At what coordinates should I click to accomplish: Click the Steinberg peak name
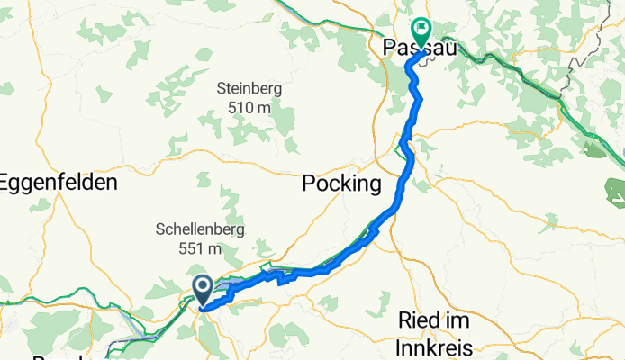pyautogui.click(x=249, y=89)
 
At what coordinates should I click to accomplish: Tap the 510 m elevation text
pyautogui.click(x=249, y=107)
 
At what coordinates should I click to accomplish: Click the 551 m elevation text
pyautogui.click(x=201, y=247)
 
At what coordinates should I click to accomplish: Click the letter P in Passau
pyautogui.click(x=388, y=50)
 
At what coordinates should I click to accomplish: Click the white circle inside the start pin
pyautogui.click(x=203, y=287)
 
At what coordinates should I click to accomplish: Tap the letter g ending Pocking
pyautogui.click(x=375, y=187)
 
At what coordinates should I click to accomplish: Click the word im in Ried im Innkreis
pyautogui.click(x=456, y=321)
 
